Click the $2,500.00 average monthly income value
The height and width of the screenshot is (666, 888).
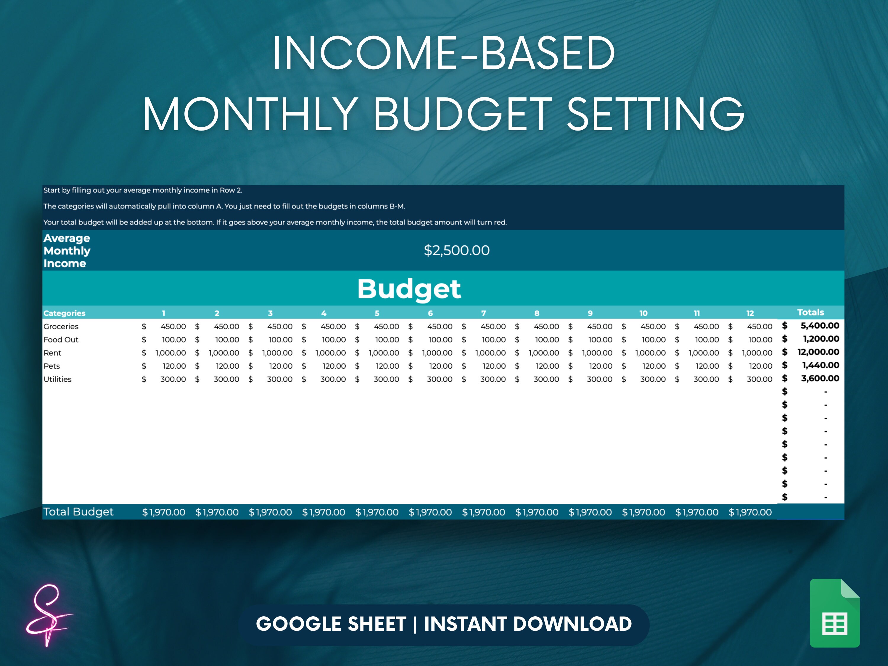pyautogui.click(x=456, y=250)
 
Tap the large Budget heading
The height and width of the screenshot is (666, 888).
pyautogui.click(x=409, y=289)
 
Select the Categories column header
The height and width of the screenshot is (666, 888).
pyautogui.click(x=64, y=313)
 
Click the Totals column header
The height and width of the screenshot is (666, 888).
pyautogui.click(x=810, y=312)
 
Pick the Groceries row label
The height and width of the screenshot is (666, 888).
pyautogui.click(x=61, y=326)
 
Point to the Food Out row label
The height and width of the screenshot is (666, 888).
pyautogui.click(x=61, y=340)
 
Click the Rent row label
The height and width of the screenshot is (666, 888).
pyautogui.click(x=53, y=353)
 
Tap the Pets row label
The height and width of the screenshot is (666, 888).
pyautogui.click(x=52, y=366)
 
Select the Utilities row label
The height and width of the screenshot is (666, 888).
pyautogui.click(x=57, y=379)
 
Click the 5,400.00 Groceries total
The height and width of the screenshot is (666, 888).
pyautogui.click(x=819, y=326)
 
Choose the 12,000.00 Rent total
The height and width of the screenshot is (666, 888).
pyautogui.click(x=818, y=352)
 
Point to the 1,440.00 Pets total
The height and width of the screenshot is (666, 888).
pyautogui.click(x=820, y=365)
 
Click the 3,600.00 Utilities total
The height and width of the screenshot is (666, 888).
pyautogui.click(x=820, y=379)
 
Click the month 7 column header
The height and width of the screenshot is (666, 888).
pyautogui.click(x=483, y=313)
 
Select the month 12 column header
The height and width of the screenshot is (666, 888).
pyautogui.click(x=750, y=313)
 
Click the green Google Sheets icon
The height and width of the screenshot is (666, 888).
pyautogui.click(x=835, y=613)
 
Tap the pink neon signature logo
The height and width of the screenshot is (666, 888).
pyautogui.click(x=48, y=614)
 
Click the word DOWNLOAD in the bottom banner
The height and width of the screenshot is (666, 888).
pyautogui.click(x=572, y=624)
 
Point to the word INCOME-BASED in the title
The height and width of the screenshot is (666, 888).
pyautogui.click(x=444, y=53)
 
